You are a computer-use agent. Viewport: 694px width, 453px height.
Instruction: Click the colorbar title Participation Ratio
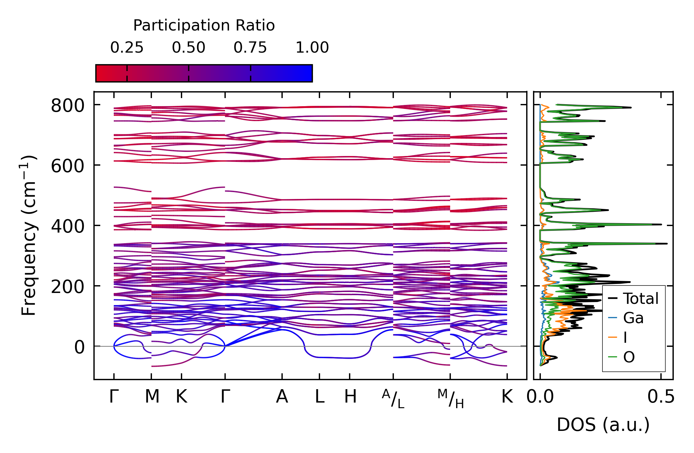click(204, 26)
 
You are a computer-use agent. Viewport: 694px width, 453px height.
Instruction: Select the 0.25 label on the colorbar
click(127, 48)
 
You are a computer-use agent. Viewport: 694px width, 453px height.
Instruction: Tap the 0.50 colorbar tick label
click(188, 48)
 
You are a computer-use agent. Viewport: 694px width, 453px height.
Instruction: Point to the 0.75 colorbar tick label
click(250, 48)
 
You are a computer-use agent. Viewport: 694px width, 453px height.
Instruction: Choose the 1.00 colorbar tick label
click(312, 48)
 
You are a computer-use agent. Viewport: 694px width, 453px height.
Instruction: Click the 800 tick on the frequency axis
click(68, 106)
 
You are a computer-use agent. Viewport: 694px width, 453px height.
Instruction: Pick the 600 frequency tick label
click(68, 166)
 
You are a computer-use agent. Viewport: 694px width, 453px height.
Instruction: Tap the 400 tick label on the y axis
click(68, 226)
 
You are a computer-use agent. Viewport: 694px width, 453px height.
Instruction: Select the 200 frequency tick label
click(68, 287)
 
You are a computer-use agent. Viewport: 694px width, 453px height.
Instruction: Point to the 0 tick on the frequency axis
click(79, 347)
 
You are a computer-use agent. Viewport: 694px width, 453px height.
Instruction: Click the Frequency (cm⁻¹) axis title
click(29, 235)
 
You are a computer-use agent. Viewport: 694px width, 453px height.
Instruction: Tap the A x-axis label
click(282, 397)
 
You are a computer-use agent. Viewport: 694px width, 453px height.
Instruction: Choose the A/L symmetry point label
click(393, 399)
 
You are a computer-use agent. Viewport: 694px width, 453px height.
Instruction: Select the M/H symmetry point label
click(451, 399)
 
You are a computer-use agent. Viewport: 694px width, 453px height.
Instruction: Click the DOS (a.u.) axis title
click(603, 425)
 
